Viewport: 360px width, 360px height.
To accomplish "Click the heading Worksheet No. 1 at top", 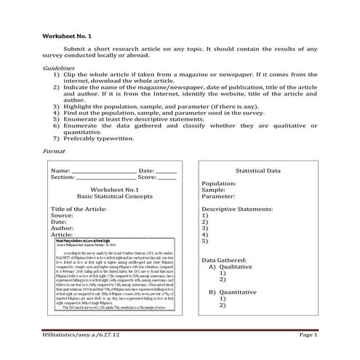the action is tap(66, 36).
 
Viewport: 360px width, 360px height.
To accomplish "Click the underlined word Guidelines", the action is tap(60, 66).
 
